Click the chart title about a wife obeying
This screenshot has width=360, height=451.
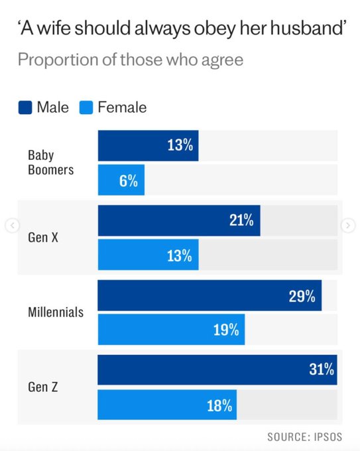pyautogui.click(x=175, y=29)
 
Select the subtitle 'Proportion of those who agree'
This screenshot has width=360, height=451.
pyautogui.click(x=130, y=60)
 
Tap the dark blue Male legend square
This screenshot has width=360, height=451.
pyautogui.click(x=25, y=107)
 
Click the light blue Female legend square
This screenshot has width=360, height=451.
pyautogui.click(x=86, y=107)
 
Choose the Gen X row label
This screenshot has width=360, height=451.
pyautogui.click(x=43, y=237)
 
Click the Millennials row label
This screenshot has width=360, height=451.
pyautogui.click(x=56, y=311)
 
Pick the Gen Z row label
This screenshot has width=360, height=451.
pyautogui.click(x=43, y=386)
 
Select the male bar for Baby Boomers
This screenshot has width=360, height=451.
pyautogui.click(x=148, y=146)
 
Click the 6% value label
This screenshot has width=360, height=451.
pyautogui.click(x=129, y=181)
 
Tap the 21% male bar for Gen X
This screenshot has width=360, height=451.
pyautogui.click(x=179, y=221)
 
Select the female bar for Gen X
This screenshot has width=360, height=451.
pyautogui.click(x=148, y=255)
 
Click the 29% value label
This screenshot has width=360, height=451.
pyautogui.click(x=302, y=296)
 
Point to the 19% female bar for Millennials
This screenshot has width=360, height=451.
pyautogui.click(x=171, y=330)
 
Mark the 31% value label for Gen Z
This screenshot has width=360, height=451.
pyautogui.click(x=322, y=370)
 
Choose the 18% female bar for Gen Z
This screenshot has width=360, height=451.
pyautogui.click(x=167, y=405)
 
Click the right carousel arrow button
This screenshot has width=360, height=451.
pyautogui.click(x=348, y=226)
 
